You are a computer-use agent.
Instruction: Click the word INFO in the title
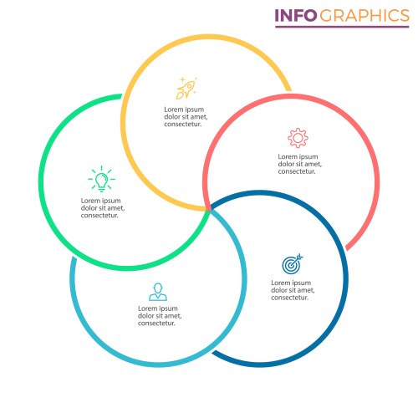296,16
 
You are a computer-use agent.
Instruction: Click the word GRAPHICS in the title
364,16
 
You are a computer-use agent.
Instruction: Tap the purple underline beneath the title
342,27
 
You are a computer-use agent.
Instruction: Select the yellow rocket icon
186,88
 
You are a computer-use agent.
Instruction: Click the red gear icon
298,138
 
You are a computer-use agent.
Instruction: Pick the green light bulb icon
101,179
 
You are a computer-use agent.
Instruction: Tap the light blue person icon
158,292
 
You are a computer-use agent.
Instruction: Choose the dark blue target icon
292,264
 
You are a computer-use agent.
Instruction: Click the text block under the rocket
186,117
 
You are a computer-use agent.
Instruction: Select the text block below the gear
299,164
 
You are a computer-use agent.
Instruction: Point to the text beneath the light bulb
103,208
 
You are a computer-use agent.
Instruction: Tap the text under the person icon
160,316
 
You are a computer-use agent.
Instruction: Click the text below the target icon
293,290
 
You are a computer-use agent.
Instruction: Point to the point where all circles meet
208,209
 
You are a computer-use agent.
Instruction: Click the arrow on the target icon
297,259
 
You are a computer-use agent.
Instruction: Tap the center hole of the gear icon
298,138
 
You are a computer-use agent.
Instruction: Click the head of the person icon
158,288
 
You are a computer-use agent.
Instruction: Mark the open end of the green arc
121,96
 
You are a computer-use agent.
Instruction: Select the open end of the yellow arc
289,89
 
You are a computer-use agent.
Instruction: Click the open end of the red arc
348,247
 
